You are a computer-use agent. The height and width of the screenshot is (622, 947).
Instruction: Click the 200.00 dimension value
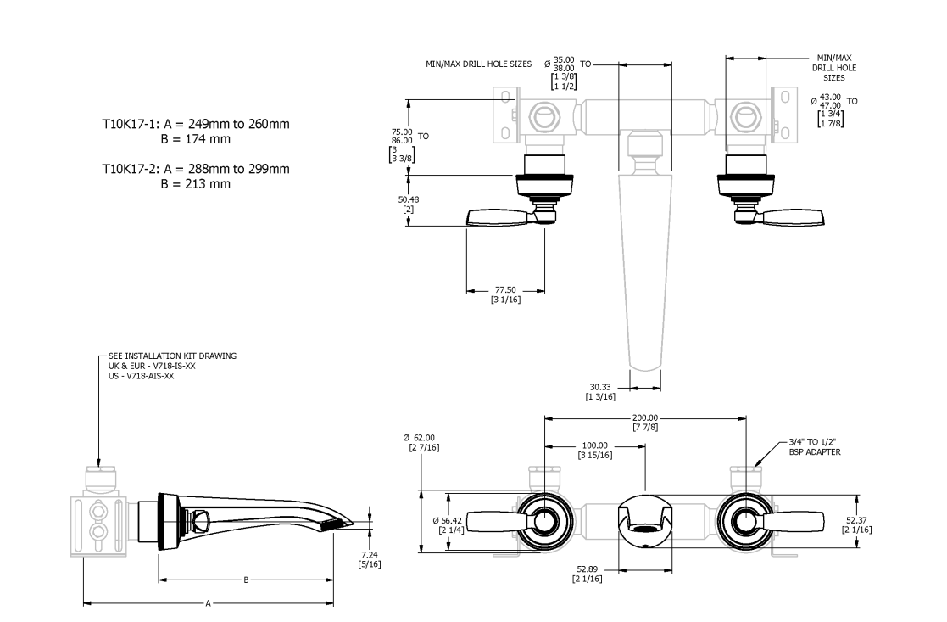(643, 417)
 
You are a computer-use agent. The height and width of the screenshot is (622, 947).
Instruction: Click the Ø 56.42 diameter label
(449, 519)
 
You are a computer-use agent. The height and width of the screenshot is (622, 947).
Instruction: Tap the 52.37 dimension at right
(855, 519)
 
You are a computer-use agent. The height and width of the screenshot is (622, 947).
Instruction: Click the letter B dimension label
(246, 580)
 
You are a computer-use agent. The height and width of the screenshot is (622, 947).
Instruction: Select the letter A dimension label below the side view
(208, 603)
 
